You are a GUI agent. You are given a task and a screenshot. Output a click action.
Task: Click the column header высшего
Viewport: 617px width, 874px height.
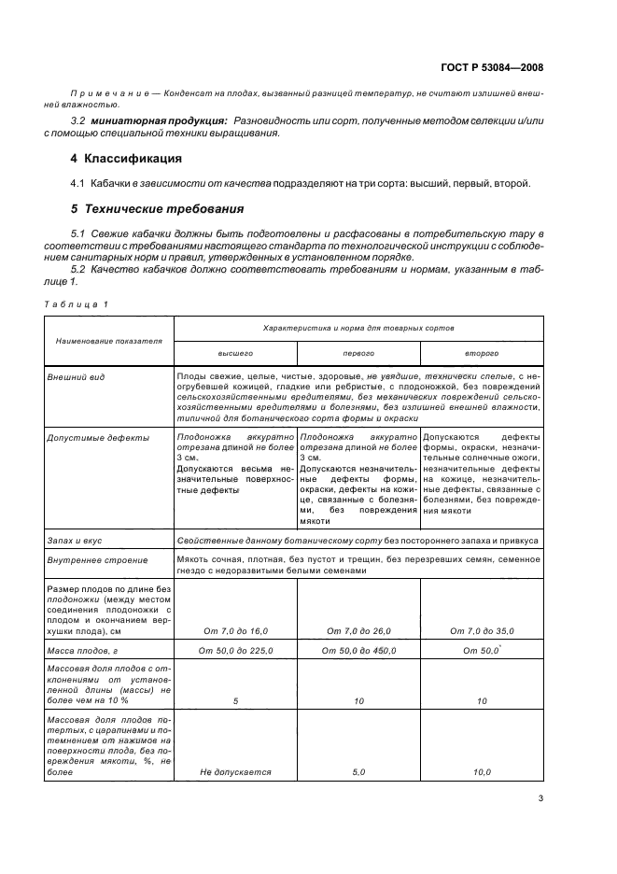[235, 354]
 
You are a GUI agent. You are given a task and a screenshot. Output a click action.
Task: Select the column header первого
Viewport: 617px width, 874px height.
[358, 354]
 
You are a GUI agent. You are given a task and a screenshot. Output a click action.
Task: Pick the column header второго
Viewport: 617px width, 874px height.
[482, 354]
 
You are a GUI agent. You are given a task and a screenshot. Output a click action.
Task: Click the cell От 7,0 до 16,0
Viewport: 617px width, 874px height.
[235, 631]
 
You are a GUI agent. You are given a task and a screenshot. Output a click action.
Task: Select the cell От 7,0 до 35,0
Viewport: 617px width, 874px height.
[482, 631]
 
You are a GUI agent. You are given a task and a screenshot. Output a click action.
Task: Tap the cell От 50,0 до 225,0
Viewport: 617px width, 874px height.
[235, 650]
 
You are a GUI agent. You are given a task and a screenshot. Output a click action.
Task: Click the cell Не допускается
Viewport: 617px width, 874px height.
[235, 772]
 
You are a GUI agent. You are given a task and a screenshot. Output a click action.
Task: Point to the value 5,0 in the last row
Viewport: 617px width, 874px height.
[358, 772]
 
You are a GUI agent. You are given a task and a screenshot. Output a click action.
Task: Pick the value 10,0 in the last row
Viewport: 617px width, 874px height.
[482, 772]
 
